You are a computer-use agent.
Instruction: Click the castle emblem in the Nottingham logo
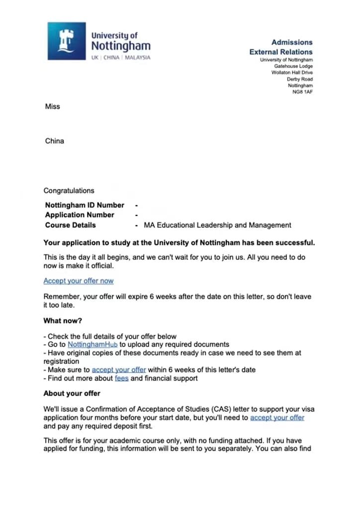point(66,41)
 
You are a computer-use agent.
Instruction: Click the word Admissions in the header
point(292,43)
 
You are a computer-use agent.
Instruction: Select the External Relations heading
point(281,52)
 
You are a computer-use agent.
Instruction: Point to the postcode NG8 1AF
point(303,92)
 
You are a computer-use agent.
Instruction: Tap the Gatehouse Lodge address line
point(293,66)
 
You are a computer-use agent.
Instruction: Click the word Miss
point(52,106)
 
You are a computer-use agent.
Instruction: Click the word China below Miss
point(55,141)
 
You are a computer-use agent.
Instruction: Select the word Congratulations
point(69,190)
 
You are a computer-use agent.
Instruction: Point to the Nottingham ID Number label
point(85,205)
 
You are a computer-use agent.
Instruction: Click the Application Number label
point(80,215)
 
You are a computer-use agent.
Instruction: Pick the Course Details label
point(70,225)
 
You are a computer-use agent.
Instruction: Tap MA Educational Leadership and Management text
point(217,225)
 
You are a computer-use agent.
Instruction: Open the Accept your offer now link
point(79,281)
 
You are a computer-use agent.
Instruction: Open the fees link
point(121,378)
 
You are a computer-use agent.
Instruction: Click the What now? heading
point(63,321)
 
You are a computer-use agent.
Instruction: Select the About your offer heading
point(72,393)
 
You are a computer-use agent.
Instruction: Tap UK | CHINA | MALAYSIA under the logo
point(120,58)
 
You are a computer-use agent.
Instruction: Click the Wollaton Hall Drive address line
point(292,73)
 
